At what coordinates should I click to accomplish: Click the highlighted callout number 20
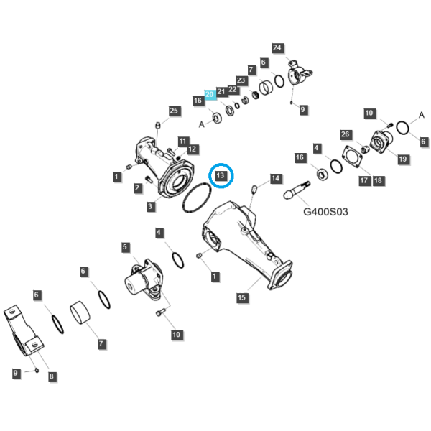point(210,95)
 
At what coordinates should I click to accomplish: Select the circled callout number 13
point(221,175)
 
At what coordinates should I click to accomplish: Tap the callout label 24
point(277,48)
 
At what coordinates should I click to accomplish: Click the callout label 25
point(174,111)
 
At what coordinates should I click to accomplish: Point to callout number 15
point(241,297)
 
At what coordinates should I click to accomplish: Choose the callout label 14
point(275,179)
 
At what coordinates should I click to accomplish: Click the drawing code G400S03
point(325,212)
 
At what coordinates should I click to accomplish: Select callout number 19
point(403,159)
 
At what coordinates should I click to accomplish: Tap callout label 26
point(346,134)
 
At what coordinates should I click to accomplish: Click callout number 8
point(52,376)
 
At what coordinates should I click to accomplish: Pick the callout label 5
point(125,247)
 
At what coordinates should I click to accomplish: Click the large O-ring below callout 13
point(197,198)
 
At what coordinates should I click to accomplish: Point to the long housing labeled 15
point(247,245)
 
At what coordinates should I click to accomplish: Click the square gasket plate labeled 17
point(353,157)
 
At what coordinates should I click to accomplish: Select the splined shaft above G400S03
point(296,190)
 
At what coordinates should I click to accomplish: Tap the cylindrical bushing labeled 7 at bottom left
point(80,312)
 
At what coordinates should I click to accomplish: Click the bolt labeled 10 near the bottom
point(160,312)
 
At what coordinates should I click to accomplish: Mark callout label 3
point(150,206)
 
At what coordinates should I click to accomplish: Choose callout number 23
point(241,80)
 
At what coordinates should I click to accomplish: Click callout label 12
point(192,149)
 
